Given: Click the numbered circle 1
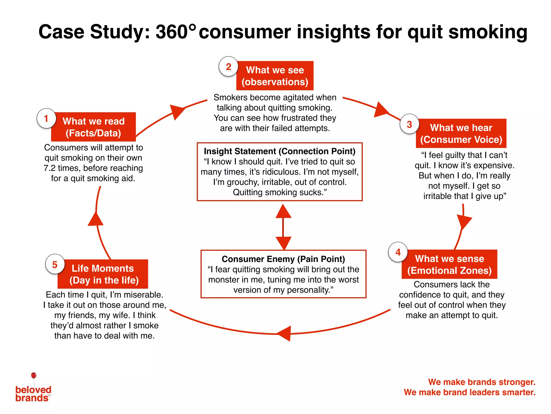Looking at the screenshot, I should click(46, 118).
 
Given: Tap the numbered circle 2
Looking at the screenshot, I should click(228, 67).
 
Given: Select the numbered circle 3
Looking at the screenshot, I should click(409, 124).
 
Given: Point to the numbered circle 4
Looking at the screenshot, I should click(398, 252).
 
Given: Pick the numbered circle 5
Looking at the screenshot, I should click(55, 264).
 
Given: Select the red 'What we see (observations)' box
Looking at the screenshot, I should click(275, 76).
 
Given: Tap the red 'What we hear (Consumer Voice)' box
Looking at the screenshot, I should click(461, 133).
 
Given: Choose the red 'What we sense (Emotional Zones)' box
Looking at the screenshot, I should click(449, 264).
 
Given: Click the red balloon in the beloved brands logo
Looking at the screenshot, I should click(34, 375).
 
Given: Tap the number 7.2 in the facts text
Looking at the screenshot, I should click(50, 168).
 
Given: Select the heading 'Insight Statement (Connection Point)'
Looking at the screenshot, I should click(280, 151).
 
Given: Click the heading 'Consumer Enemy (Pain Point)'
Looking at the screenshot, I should click(283, 259).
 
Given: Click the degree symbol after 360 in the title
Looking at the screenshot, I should click(192, 27).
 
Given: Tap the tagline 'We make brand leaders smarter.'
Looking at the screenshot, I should click(469, 392).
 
